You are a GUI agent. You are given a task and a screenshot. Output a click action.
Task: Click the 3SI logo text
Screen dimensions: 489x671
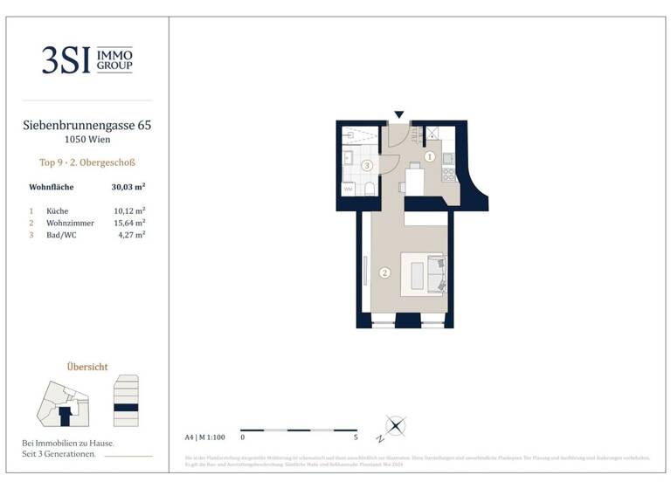point(66,59)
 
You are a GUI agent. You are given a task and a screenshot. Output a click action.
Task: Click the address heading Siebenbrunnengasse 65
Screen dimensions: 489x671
point(86,126)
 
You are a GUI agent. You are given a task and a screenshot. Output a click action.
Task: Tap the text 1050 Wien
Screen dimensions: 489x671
point(86,140)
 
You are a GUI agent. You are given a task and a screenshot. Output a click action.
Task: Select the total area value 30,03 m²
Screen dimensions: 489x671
point(128,187)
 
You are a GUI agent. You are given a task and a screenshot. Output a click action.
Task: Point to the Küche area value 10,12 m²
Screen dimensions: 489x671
point(129,210)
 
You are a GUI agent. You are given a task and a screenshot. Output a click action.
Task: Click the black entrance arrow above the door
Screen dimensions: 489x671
point(399,114)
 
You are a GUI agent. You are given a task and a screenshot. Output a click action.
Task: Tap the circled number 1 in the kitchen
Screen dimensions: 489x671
point(429,157)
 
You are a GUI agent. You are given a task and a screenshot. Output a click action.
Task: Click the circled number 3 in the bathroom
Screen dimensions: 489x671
point(367,165)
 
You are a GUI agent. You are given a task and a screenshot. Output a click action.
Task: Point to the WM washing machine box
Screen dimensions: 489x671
point(348,189)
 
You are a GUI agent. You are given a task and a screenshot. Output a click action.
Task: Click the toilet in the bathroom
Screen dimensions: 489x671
point(369,189)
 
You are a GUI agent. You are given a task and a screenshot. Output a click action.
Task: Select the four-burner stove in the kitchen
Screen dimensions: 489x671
point(449,175)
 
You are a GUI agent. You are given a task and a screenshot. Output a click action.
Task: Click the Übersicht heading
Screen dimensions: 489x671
point(86,367)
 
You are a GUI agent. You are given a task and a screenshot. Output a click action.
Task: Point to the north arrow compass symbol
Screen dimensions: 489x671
point(396,426)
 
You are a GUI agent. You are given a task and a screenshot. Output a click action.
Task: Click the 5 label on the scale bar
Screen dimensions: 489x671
point(356,436)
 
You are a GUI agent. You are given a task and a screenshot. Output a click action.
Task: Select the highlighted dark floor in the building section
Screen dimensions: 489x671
point(127,407)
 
